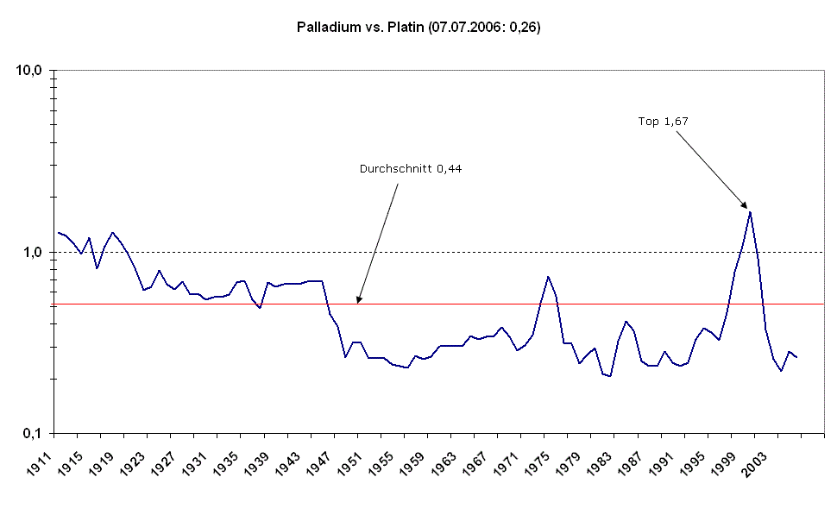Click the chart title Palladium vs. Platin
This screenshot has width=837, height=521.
tap(418, 28)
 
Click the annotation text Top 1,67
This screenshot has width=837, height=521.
tap(663, 122)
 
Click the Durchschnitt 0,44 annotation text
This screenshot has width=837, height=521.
tap(411, 169)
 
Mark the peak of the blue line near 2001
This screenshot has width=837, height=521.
tap(750, 211)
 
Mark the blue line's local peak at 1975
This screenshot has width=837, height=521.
tap(548, 277)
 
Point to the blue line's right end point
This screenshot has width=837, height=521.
tap(796, 357)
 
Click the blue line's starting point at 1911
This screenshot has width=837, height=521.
tap(58, 232)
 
